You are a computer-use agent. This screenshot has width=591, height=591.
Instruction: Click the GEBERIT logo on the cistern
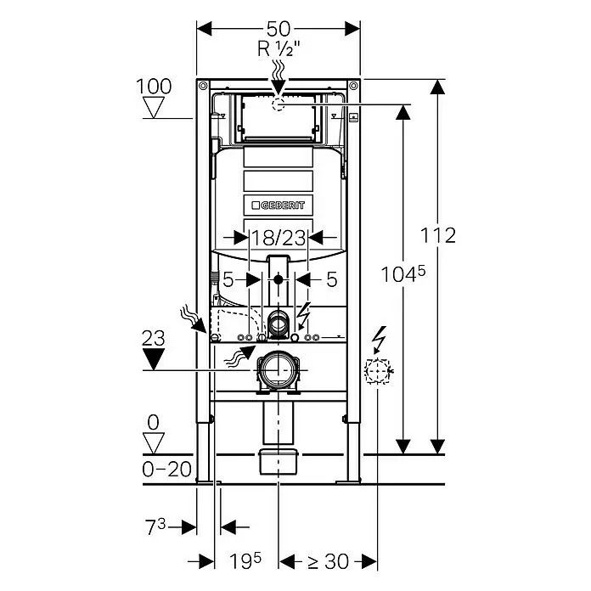(279, 205)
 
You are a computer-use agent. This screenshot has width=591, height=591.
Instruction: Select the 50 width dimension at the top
(279, 29)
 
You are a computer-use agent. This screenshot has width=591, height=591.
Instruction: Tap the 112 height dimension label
(438, 235)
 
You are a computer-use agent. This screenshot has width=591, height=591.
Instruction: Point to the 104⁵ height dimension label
(403, 273)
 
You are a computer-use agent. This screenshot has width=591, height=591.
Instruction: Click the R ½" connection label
(279, 48)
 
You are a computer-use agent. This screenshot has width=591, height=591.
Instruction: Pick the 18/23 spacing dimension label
(279, 238)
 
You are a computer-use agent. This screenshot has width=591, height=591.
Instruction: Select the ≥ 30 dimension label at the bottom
(329, 561)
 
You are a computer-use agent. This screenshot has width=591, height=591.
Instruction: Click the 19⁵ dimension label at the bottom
(245, 561)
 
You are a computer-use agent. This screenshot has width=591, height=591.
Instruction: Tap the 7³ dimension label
(155, 526)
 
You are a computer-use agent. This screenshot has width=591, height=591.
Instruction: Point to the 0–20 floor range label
(166, 470)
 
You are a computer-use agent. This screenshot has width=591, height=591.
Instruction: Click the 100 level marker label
(154, 87)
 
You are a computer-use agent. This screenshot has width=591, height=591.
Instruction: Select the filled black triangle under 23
(154, 359)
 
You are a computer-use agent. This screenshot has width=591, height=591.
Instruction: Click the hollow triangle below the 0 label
(154, 443)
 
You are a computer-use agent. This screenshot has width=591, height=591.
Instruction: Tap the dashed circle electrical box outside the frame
(377, 371)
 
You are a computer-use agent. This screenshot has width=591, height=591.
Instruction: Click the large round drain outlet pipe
(279, 369)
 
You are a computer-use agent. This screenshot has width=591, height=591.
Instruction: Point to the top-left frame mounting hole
(203, 86)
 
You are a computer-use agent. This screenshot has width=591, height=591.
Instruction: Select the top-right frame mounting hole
(353, 86)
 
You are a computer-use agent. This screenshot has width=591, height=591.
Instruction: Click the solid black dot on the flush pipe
(279, 279)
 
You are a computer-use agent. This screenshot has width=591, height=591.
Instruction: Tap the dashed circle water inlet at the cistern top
(279, 104)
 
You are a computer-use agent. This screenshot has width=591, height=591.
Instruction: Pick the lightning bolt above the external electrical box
(380, 340)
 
